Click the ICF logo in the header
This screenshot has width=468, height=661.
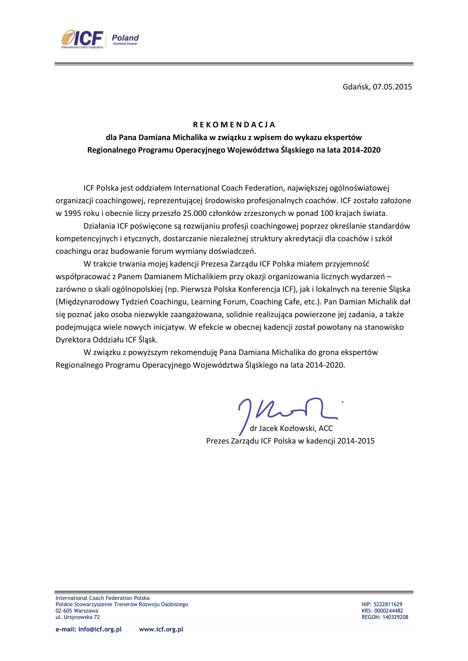pyautogui.click(x=82, y=39)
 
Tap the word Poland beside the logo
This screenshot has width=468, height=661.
pyautogui.click(x=125, y=38)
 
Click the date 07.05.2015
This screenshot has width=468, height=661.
pyautogui.click(x=392, y=87)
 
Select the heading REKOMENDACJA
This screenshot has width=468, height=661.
pyautogui.click(x=234, y=125)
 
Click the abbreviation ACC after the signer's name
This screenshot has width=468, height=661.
pyautogui.click(x=326, y=428)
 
